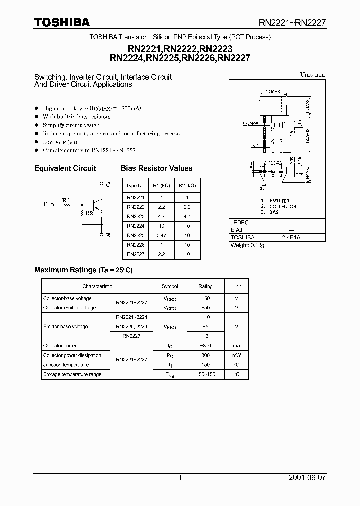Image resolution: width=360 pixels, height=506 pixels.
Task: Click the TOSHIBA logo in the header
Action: pyautogui.click(x=62, y=22)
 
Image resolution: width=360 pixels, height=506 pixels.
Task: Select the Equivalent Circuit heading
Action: pyautogui.click(x=65, y=168)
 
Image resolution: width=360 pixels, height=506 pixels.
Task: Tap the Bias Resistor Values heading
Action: pyautogui.click(x=156, y=168)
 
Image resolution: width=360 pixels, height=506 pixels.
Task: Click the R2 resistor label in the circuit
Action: pyautogui.click(x=89, y=213)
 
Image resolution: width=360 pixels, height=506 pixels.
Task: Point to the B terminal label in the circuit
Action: pyautogui.click(x=46, y=204)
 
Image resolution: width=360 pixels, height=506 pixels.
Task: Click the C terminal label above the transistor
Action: pyautogui.click(x=108, y=184)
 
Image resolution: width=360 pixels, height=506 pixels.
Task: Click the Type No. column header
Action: pyautogui.click(x=135, y=186)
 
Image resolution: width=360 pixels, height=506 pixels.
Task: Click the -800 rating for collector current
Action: pyautogui.click(x=205, y=346)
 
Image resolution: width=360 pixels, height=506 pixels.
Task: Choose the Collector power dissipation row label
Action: pyautogui.click(x=72, y=355)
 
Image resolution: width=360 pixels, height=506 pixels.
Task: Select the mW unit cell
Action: pyautogui.click(x=236, y=355)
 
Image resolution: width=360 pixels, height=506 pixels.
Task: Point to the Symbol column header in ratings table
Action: pyautogui.click(x=170, y=286)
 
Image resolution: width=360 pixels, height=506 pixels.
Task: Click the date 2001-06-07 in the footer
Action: pyautogui.click(x=307, y=478)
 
